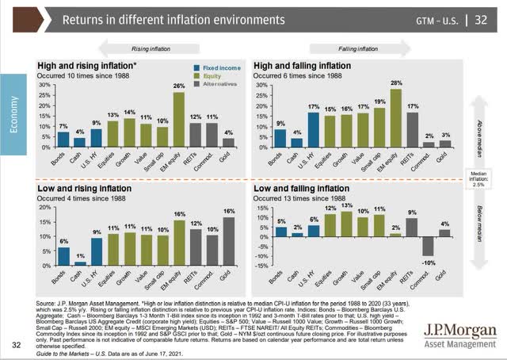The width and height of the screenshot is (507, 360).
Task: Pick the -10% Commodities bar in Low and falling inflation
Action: [429, 247]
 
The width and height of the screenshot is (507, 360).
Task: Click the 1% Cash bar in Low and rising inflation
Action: [79, 262]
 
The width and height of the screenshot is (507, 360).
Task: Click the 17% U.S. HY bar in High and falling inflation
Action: [313, 130]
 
